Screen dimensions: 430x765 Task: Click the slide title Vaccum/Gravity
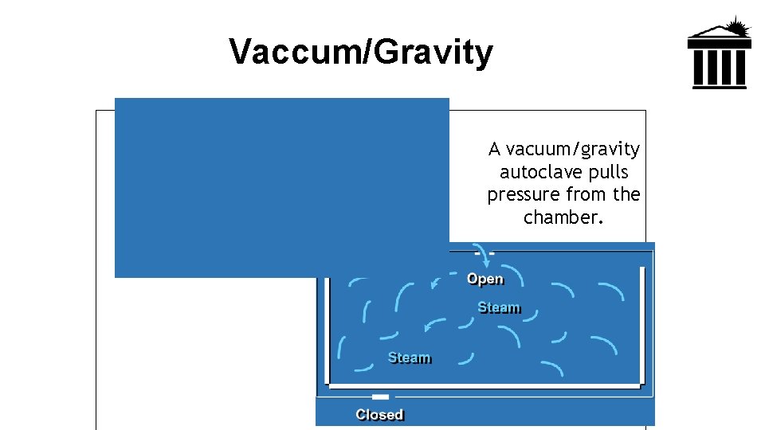coord(361,53)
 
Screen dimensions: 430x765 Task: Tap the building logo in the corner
coord(719,54)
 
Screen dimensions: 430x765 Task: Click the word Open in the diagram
coord(485,279)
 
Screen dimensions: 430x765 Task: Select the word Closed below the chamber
coord(379,415)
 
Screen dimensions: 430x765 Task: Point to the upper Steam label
coord(499,307)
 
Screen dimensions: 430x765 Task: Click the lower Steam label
coord(409,358)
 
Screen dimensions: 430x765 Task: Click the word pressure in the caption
coord(524,194)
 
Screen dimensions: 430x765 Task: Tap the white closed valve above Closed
coord(380,396)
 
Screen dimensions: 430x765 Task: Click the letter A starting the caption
coord(494,149)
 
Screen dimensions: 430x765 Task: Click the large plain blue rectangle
coord(281,187)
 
